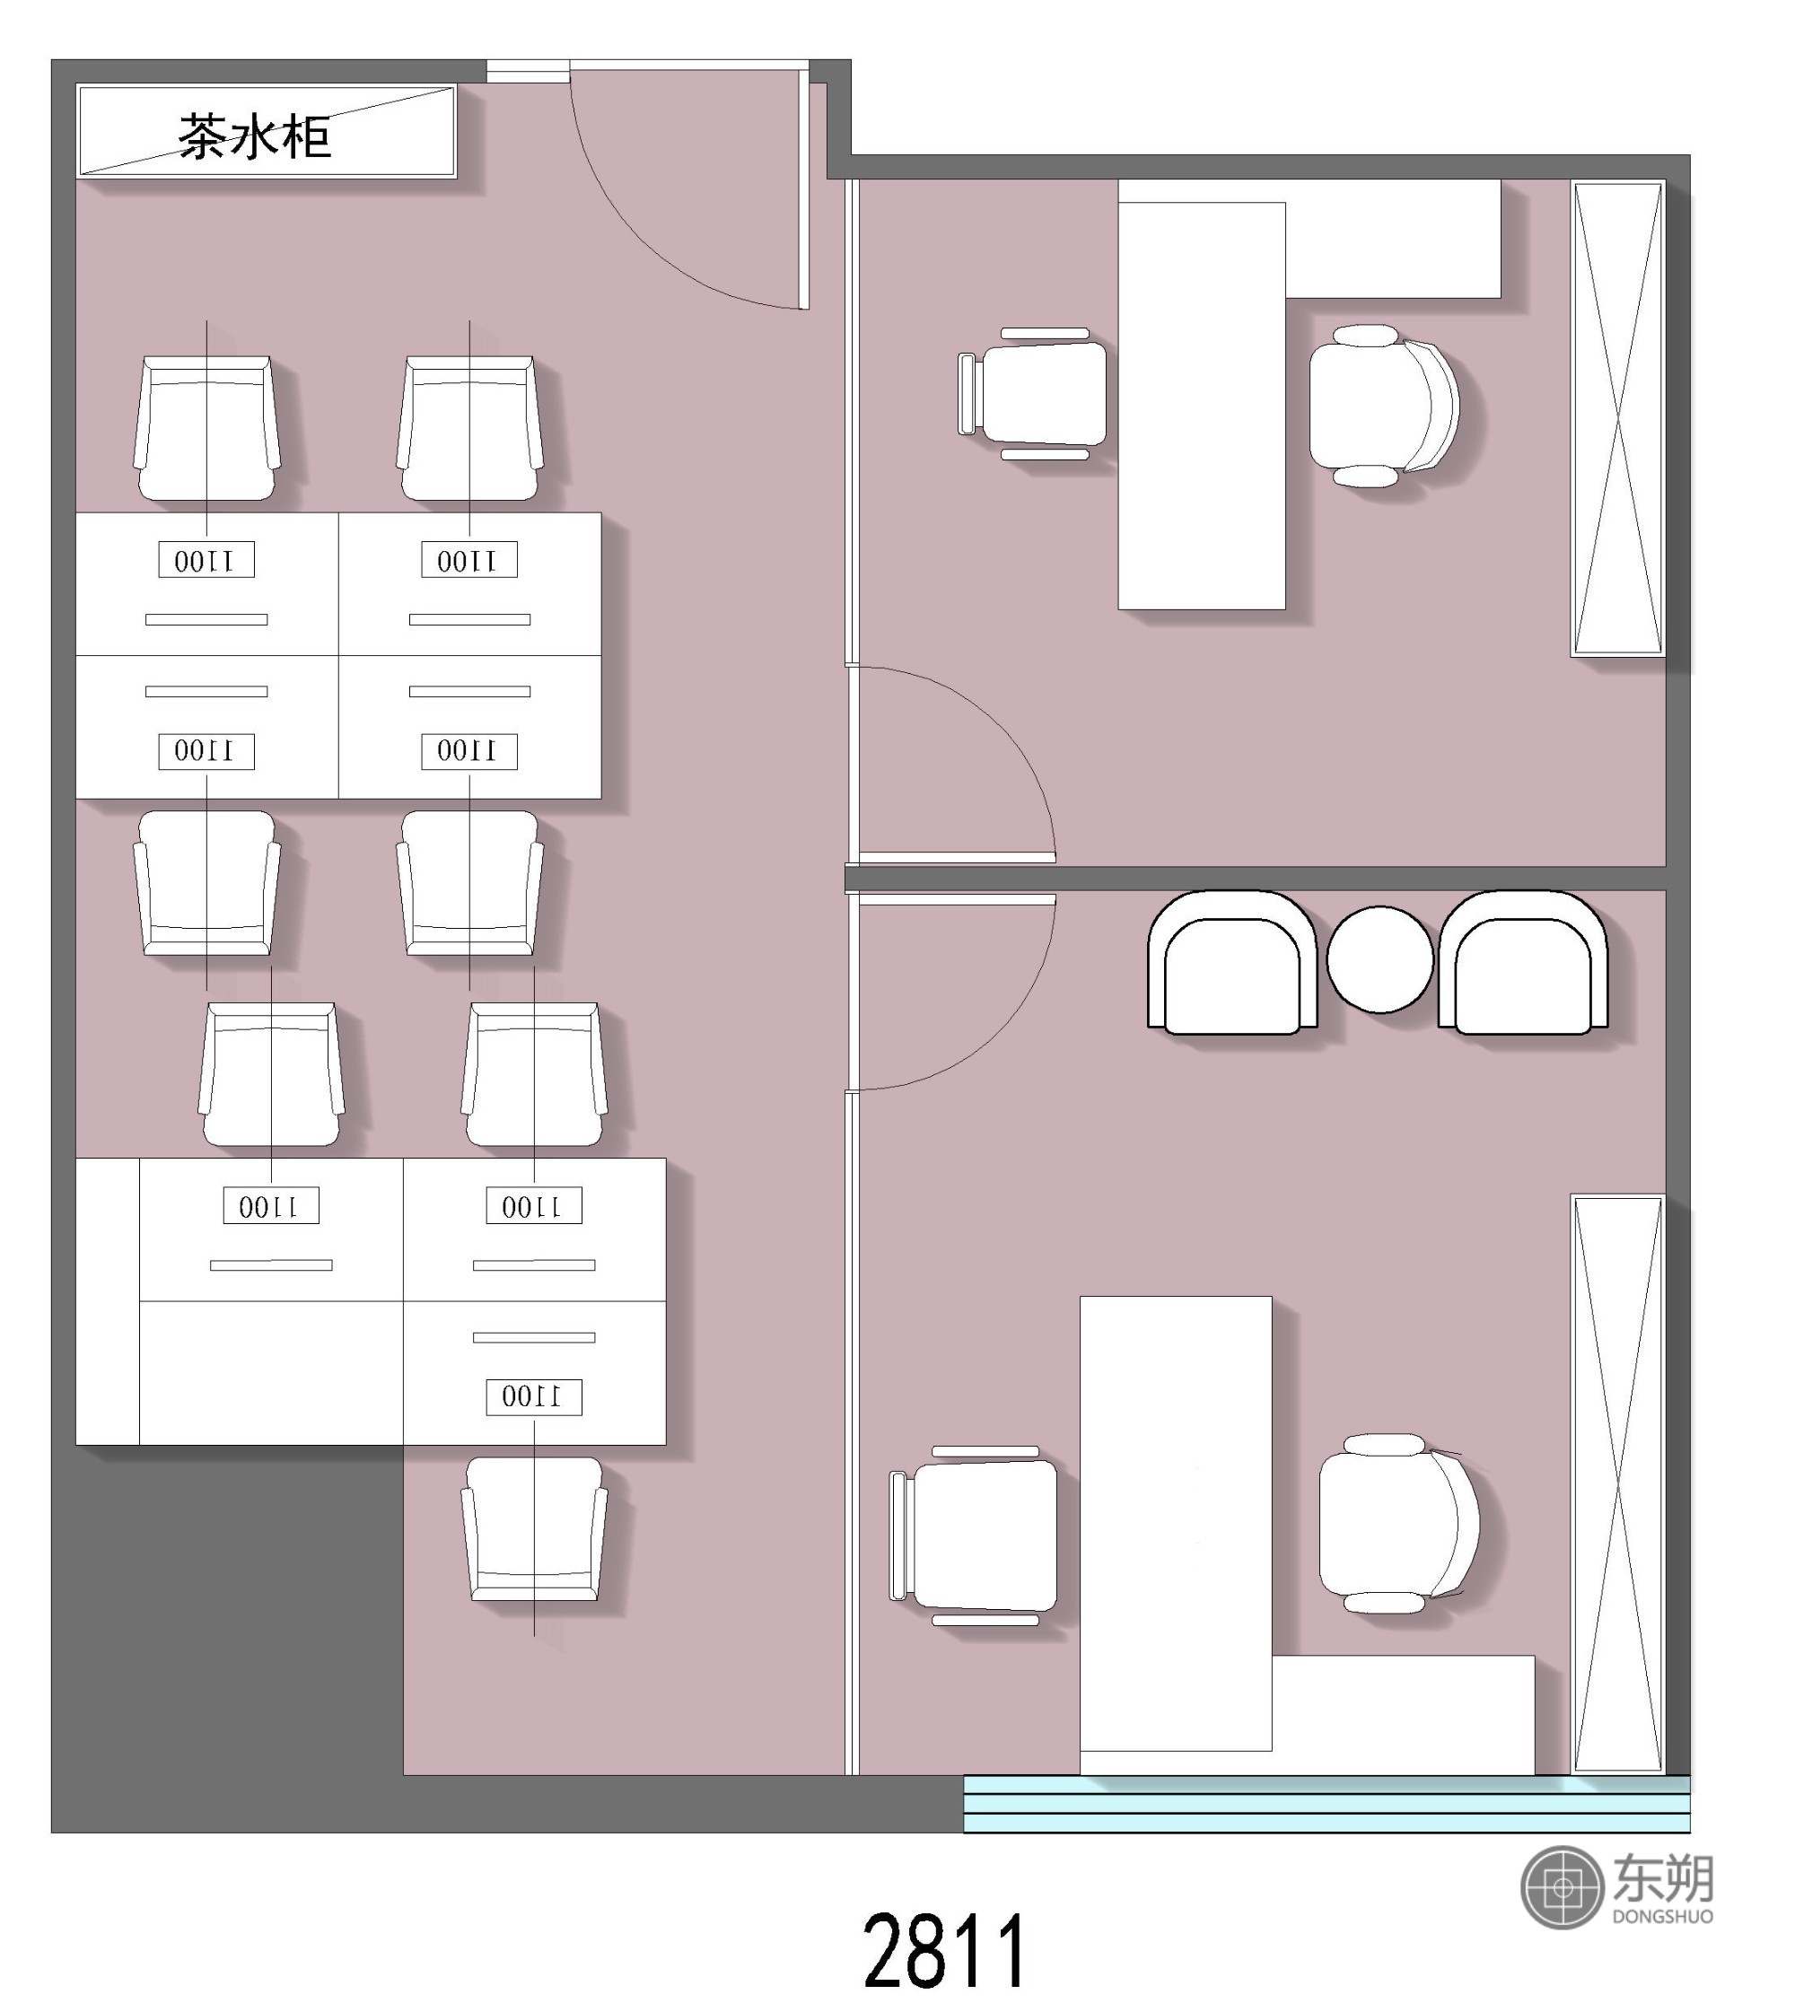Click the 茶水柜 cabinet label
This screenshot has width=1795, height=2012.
pyautogui.click(x=255, y=136)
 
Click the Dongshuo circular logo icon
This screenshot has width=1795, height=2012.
pyautogui.click(x=1563, y=1888)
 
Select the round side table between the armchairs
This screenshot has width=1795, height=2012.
pyautogui.click(x=1379, y=959)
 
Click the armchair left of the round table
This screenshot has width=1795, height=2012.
pyautogui.click(x=1233, y=963)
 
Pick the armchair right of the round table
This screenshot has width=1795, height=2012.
pyautogui.click(x=1524, y=963)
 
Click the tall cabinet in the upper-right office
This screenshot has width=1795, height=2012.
pyautogui.click(x=1618, y=418)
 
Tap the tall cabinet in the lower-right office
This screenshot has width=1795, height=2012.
pyautogui.click(x=1618, y=1483)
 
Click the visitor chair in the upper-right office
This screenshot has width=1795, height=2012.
pyautogui.click(x=1033, y=395)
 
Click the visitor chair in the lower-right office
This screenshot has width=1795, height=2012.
pyautogui.click(x=975, y=1535)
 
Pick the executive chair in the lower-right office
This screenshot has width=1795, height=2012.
pyautogui.click(x=1398, y=1524)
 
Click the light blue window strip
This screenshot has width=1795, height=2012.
pyautogui.click(x=1327, y=1804)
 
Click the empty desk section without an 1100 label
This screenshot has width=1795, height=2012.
pyautogui.click(x=271, y=1373)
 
